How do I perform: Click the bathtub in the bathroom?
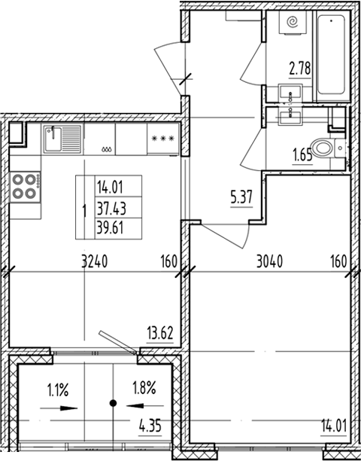pyautogui.click(x=332, y=56)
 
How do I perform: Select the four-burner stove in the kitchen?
pyautogui.click(x=25, y=186)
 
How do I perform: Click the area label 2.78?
pyautogui.click(x=301, y=72)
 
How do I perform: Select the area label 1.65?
pyautogui.click(x=303, y=157)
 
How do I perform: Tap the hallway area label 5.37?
pyautogui.click(x=240, y=200)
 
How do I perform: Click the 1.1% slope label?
pyautogui.click(x=58, y=390)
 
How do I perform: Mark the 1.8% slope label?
pyautogui.click(x=144, y=390)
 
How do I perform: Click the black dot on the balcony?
pyautogui.click(x=113, y=404)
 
